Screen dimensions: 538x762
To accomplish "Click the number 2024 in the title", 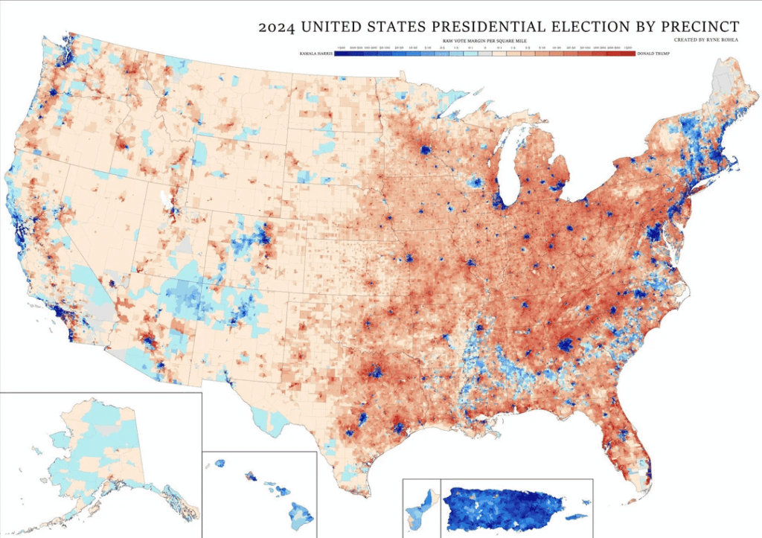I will pyautogui.click(x=276, y=27).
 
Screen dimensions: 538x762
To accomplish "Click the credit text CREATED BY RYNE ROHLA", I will pyautogui.click(x=706, y=39).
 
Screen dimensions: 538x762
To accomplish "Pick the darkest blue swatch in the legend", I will pyautogui.click(x=342, y=54).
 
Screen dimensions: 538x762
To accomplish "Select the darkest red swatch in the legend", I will pyautogui.click(x=628, y=54).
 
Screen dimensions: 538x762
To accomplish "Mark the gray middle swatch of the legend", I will pyautogui.click(x=485, y=54).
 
